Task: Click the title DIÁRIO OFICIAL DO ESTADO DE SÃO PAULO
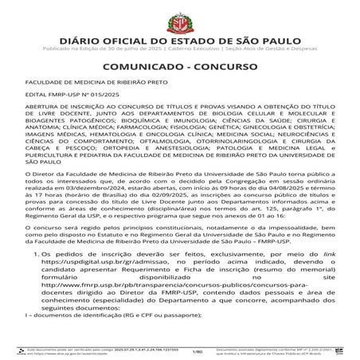tap(179, 36)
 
